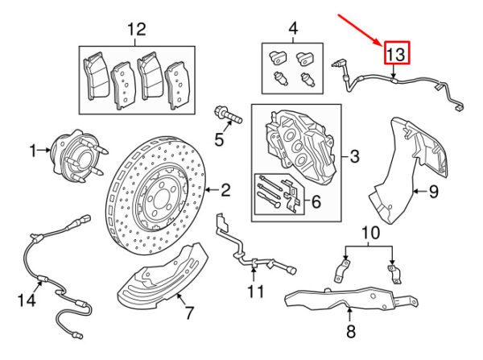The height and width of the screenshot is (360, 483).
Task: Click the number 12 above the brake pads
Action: tap(136, 31)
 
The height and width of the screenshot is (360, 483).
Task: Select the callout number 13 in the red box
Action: tap(397, 54)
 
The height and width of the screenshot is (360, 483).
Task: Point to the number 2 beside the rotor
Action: tap(226, 190)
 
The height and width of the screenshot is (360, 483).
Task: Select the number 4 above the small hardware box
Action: tap(293, 31)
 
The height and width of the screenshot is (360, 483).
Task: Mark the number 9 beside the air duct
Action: tap(431, 191)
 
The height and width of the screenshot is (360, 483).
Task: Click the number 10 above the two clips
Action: tap(369, 234)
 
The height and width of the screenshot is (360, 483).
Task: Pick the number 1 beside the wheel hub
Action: tap(34, 150)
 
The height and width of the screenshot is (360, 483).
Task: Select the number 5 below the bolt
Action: tap(217, 139)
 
